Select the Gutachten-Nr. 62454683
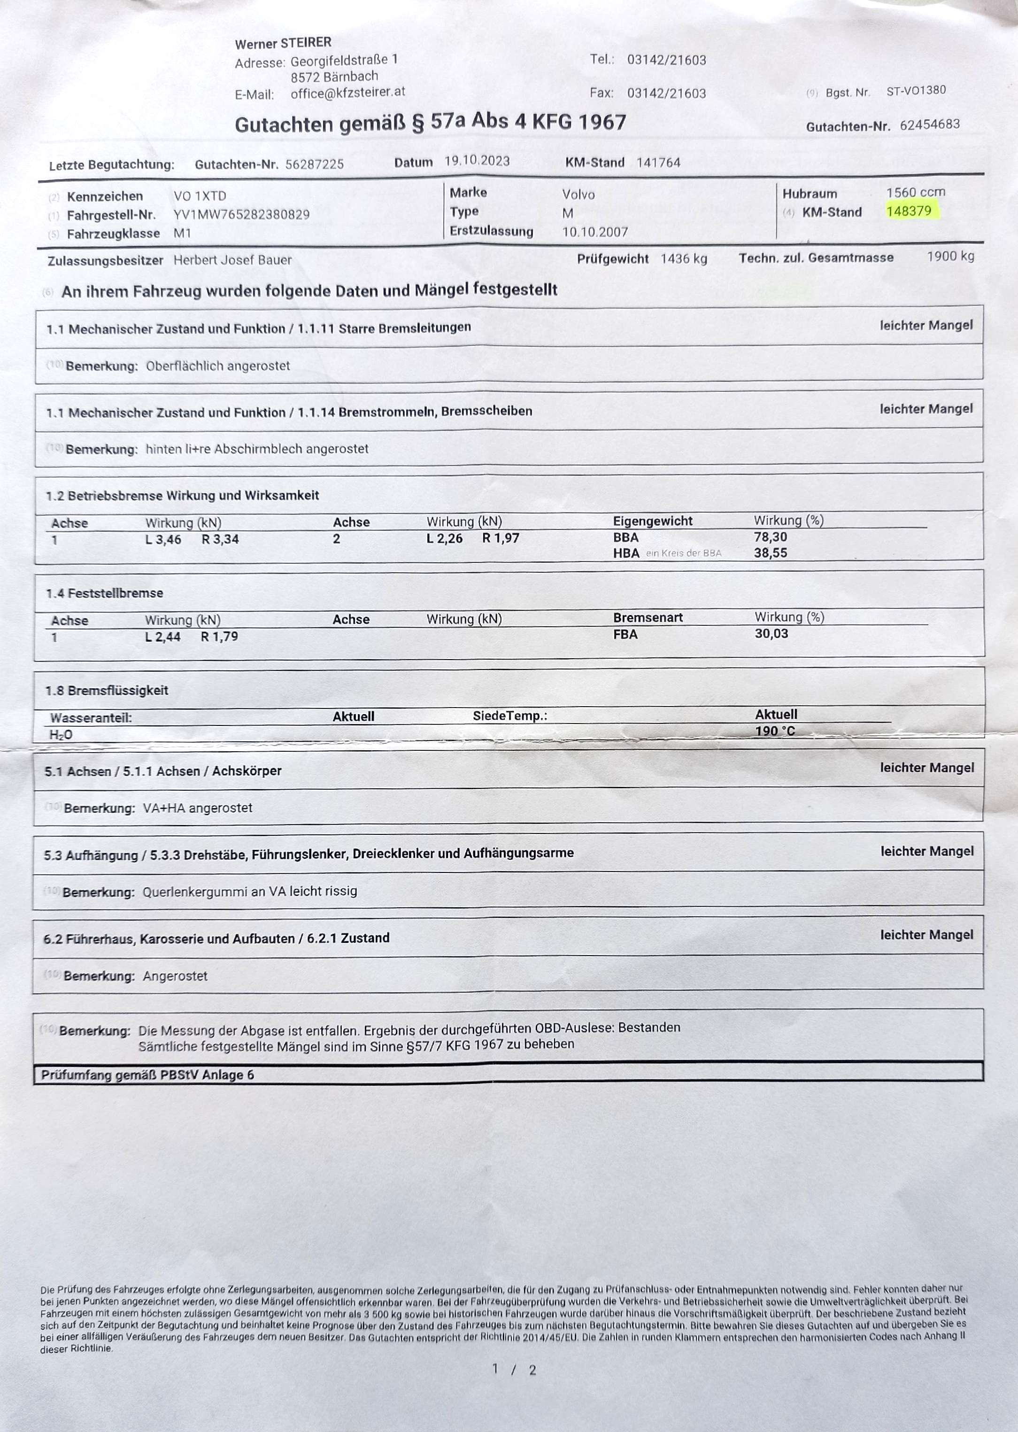(x=930, y=124)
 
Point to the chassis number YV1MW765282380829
(x=241, y=215)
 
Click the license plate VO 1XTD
(x=200, y=196)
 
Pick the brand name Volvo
(x=578, y=195)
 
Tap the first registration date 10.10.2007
(x=595, y=232)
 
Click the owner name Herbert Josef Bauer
(x=232, y=260)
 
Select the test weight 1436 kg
(x=684, y=258)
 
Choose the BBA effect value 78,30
(x=771, y=537)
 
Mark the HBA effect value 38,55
(x=771, y=553)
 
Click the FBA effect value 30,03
(x=771, y=633)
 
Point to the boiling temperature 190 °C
(x=775, y=731)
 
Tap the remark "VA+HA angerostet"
(x=198, y=808)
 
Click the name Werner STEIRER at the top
(x=283, y=43)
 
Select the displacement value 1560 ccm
(x=915, y=192)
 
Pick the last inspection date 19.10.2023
(x=477, y=161)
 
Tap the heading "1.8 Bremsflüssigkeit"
(x=107, y=691)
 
